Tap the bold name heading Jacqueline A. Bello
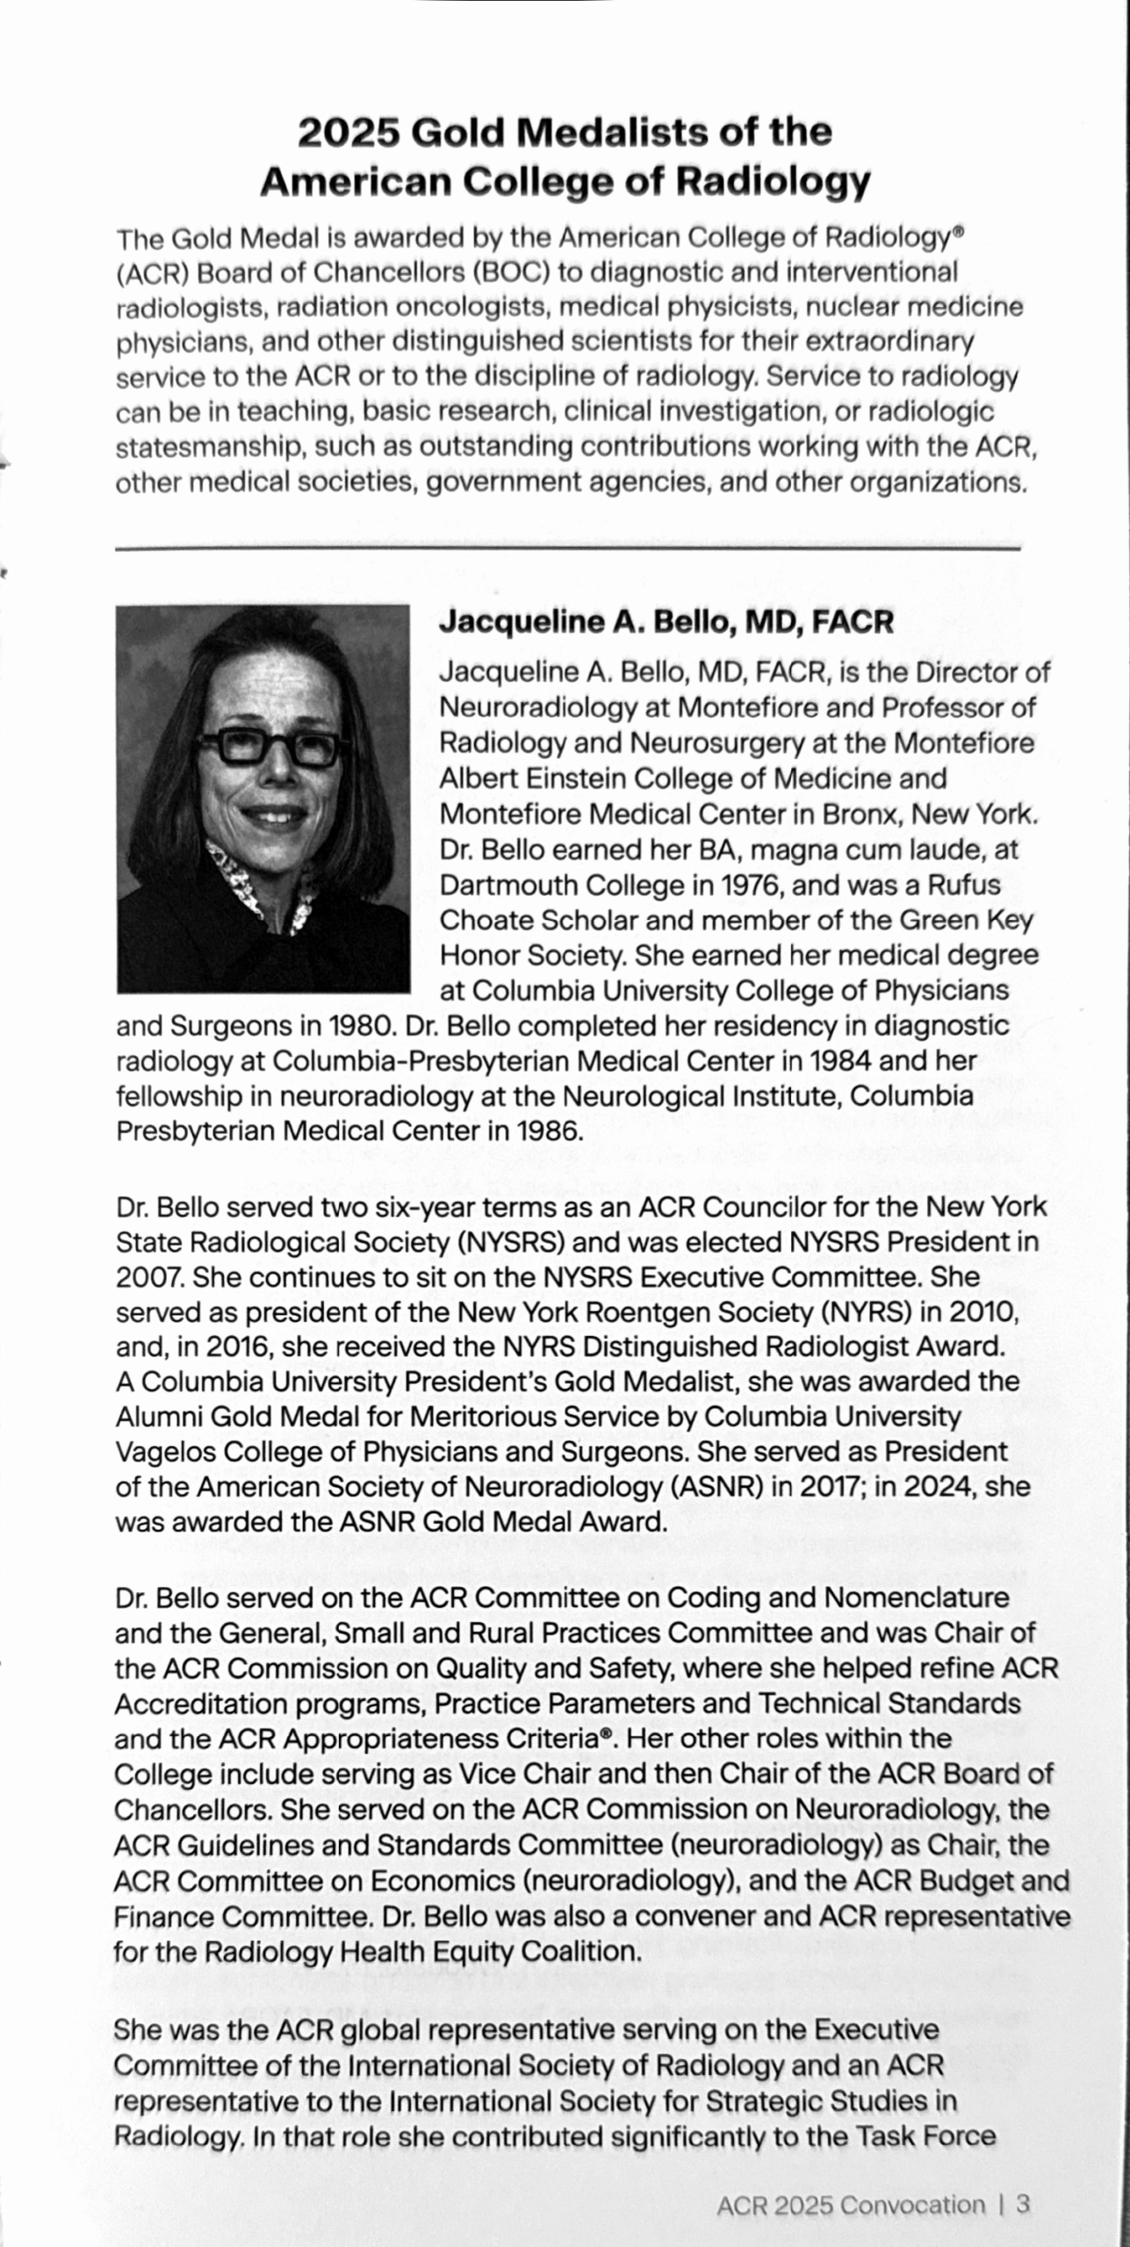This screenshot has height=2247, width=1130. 666,621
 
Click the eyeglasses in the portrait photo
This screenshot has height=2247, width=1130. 273,748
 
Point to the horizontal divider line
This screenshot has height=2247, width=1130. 567,549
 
